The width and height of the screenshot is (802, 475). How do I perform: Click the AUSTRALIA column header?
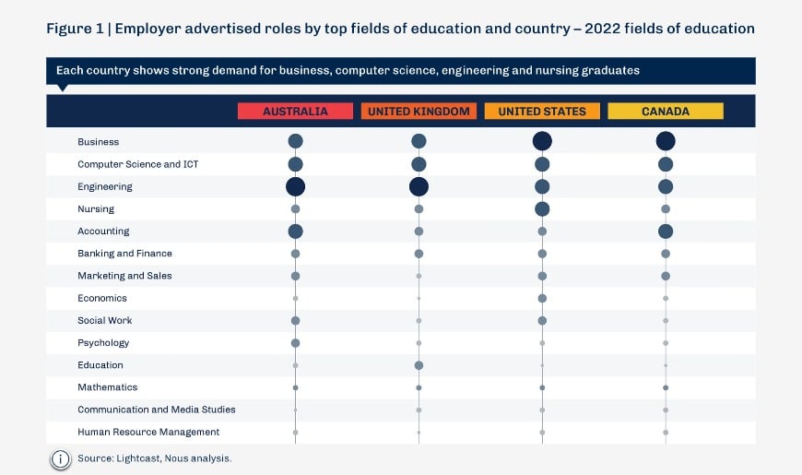pos(295,111)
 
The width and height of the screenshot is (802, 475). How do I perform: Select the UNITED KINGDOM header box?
pos(419,111)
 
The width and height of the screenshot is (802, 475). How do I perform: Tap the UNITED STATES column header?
pos(542,111)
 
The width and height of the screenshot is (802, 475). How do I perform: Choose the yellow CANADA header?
pos(666,111)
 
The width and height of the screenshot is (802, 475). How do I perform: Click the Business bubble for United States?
pos(542,141)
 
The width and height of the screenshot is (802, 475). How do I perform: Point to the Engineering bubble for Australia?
pos(295,186)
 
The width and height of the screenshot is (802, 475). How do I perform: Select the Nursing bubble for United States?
pos(542,208)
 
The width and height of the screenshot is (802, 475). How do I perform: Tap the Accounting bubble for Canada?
pos(666,231)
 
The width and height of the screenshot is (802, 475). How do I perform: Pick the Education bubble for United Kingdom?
pos(419,365)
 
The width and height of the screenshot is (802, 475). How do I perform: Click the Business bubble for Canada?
pos(666,141)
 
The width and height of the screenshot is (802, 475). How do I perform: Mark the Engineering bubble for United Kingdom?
pos(419,186)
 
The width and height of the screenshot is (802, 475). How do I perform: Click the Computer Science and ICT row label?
pos(137,164)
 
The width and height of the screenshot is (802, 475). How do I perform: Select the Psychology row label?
pos(103,343)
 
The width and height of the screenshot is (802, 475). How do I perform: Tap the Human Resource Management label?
pos(148,432)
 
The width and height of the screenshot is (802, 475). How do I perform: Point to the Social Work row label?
pos(104,320)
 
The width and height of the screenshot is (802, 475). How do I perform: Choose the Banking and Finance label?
pos(124,254)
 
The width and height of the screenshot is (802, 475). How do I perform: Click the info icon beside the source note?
pos(61,458)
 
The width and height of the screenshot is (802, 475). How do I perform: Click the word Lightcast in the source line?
pos(135,458)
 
